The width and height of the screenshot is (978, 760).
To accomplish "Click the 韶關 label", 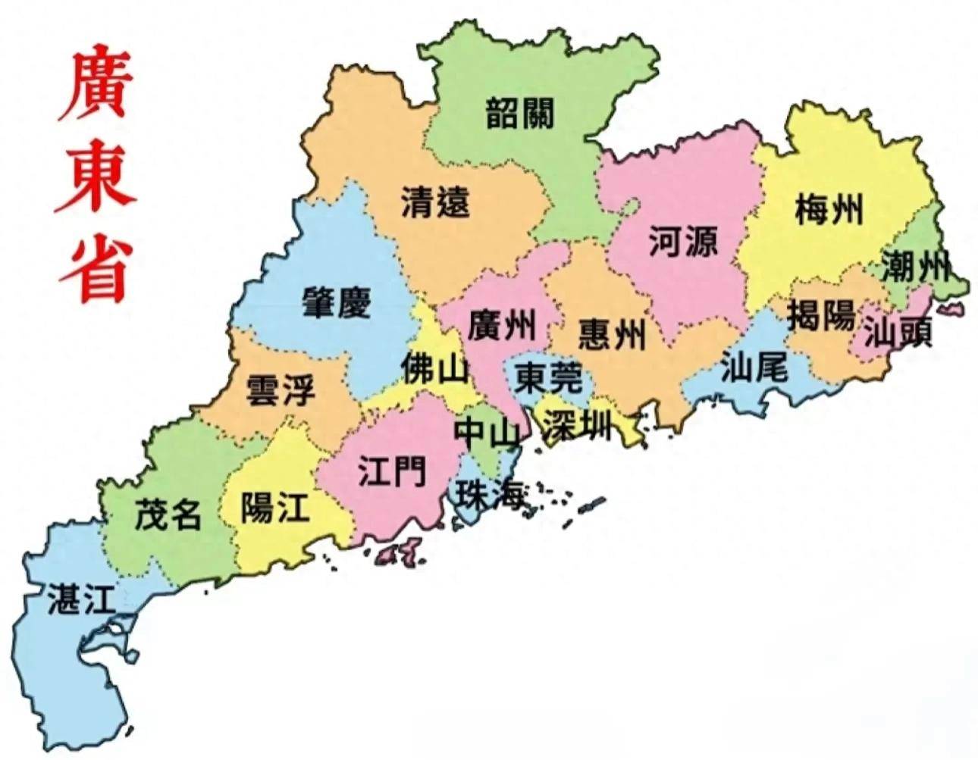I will coord(520,113).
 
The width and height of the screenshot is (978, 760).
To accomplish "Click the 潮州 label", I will coord(916,267).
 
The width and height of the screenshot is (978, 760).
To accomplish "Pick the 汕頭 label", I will coord(898,331).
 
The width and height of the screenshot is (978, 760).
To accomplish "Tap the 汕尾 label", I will coord(754,367).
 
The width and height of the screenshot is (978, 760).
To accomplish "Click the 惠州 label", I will coord(613,333).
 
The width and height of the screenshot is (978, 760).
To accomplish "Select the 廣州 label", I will coord(501,325).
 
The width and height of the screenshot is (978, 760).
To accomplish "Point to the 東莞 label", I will coord(549,377).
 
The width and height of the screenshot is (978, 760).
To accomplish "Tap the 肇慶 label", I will coord(337,302).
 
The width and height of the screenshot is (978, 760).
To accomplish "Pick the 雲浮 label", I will coord(281,390).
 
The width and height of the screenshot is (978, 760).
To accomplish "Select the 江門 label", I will coord(392,472).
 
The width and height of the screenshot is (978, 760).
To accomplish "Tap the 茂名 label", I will coord(168,514).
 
